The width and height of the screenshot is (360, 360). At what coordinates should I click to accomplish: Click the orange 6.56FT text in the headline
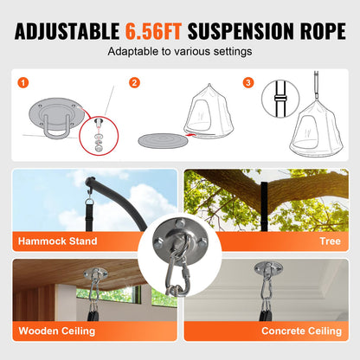pos(153,31)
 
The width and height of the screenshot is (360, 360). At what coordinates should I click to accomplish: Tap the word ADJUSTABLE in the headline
pos(67,31)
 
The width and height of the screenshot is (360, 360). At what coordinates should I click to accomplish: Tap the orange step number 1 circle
pos(23,83)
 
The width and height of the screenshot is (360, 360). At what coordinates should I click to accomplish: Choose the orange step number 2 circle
pos(134,83)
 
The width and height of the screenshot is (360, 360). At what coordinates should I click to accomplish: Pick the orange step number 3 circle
pos(248,83)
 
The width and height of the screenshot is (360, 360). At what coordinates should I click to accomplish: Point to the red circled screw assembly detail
pos(99,136)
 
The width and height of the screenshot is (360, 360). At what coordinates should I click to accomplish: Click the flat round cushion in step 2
pos(163,141)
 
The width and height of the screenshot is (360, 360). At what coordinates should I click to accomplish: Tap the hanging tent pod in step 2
pos(209,112)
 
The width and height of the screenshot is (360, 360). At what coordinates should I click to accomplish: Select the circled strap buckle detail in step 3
pos(280,99)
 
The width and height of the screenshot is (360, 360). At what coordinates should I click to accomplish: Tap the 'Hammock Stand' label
pos(58,241)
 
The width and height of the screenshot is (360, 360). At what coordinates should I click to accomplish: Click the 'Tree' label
pos(331,241)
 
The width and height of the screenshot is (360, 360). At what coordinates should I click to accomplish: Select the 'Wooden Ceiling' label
pos(57,331)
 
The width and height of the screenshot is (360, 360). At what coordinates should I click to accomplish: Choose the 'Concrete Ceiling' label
pos(301,331)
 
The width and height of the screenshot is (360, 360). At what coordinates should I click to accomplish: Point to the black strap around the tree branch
pos(265,206)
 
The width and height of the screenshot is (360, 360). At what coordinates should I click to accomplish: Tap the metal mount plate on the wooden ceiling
pos(95,273)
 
